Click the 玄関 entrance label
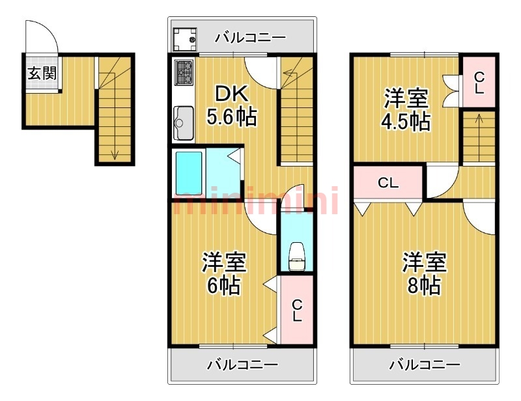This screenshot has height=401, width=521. (41, 72)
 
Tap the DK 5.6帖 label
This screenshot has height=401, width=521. (231, 105)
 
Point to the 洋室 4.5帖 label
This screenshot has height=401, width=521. (406, 110)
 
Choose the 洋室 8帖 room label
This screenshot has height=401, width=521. (423, 273)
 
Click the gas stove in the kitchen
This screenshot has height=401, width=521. (184, 74)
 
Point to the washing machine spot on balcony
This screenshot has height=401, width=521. (186, 38)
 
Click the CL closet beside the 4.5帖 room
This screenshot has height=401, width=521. (479, 83)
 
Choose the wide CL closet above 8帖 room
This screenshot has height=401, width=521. (388, 183)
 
